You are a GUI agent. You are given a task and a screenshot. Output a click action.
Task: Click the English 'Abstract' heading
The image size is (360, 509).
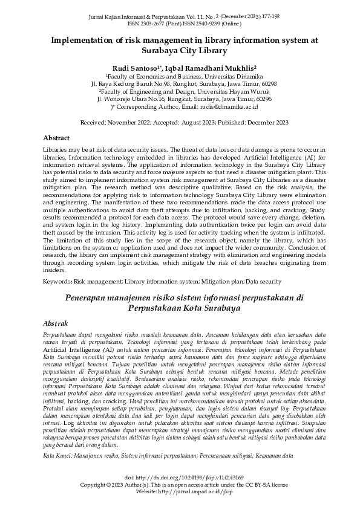tap(57, 138)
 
